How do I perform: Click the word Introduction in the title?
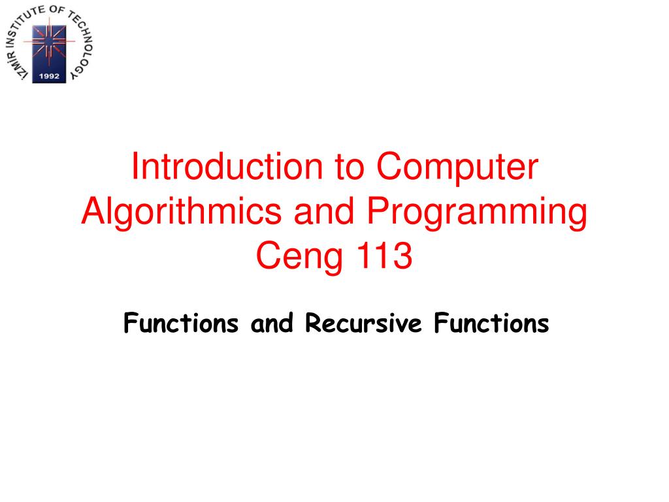227,166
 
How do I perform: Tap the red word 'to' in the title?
350,167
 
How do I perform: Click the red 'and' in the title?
324,211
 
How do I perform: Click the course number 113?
384,256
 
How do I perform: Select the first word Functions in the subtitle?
181,323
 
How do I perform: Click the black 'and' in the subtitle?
272,323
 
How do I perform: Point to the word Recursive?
363,323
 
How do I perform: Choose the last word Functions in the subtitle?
491,323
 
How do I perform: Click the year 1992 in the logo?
49,76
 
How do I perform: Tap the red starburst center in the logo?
50,41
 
